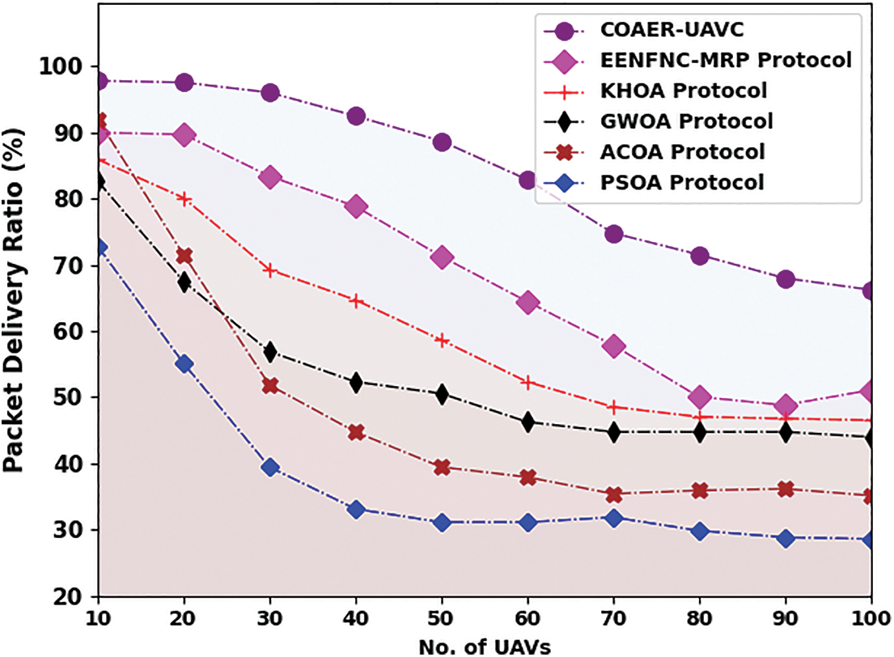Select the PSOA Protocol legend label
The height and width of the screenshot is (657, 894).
tap(682, 182)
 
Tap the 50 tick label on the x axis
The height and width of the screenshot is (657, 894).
tap(442, 617)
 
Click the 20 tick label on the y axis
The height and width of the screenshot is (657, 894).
tap(66, 596)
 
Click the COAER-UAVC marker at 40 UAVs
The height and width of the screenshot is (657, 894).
tap(356, 116)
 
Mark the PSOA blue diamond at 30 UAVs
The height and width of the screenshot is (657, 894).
tap(270, 467)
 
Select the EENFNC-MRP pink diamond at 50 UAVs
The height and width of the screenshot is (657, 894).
tap(442, 258)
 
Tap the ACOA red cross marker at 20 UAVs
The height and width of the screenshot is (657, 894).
tap(184, 256)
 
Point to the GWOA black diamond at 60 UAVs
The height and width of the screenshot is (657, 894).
tap(528, 422)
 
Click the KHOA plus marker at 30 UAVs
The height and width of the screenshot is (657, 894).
tap(270, 270)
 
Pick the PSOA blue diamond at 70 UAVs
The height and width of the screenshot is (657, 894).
tap(613, 518)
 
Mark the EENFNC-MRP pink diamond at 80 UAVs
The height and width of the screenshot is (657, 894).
tap(700, 396)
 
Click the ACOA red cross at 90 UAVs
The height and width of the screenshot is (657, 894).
tap(785, 489)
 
